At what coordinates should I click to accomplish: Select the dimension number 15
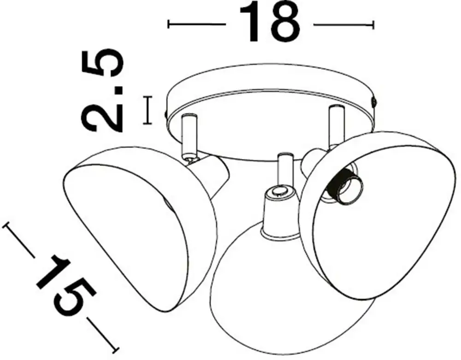click(66, 284)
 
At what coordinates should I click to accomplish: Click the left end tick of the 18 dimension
click(168, 24)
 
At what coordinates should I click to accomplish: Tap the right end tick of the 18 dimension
click(373, 25)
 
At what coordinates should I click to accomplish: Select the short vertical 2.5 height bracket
click(148, 110)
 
